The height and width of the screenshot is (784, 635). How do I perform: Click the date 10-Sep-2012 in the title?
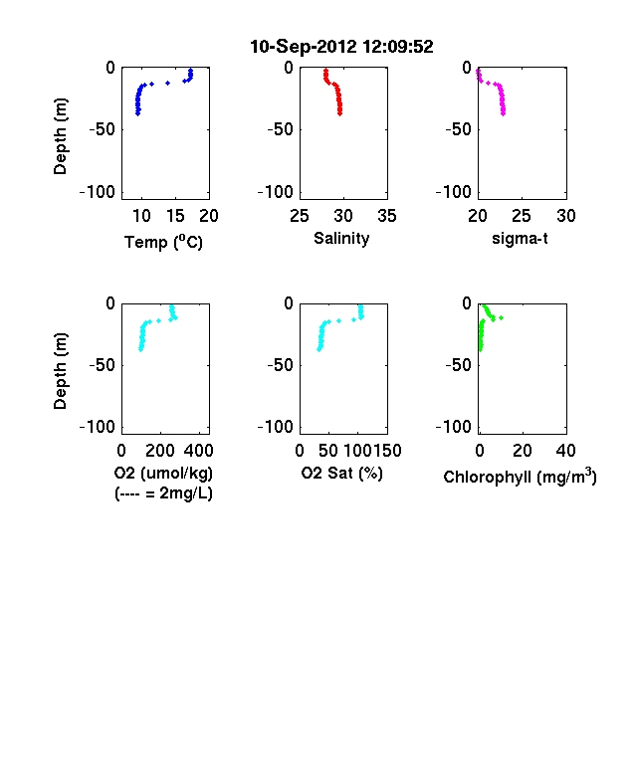pyautogui.click(x=304, y=47)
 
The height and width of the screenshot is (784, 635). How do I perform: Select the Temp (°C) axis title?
pyautogui.click(x=163, y=242)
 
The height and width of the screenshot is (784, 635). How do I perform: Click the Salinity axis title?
pyautogui.click(x=341, y=239)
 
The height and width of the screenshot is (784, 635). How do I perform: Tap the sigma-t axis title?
pyautogui.click(x=520, y=239)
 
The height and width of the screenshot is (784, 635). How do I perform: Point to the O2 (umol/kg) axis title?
pyautogui.click(x=163, y=473)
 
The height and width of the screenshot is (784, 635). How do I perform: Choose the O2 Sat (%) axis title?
pyautogui.click(x=341, y=473)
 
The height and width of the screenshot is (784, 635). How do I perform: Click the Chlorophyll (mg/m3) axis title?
pyautogui.click(x=520, y=477)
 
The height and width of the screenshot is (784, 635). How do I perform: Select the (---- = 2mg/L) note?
pyautogui.click(x=163, y=493)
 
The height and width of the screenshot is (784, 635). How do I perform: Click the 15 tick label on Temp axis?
pyautogui.click(x=175, y=216)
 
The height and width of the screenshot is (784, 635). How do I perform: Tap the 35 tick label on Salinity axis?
pyautogui.click(x=387, y=216)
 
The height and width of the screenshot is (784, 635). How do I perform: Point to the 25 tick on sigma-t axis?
pyautogui.click(x=521, y=216)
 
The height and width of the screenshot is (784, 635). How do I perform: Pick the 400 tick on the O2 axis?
pyautogui.click(x=198, y=451)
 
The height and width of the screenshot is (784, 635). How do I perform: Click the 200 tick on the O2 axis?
pyautogui.click(x=160, y=451)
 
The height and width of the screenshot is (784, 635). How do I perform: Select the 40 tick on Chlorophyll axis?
pyautogui.click(x=565, y=451)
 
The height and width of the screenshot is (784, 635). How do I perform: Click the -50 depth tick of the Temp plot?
pyautogui.click(x=102, y=129)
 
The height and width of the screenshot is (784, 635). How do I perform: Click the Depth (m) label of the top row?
pyautogui.click(x=60, y=136)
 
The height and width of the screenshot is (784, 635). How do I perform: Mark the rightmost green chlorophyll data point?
pyautogui.click(x=501, y=317)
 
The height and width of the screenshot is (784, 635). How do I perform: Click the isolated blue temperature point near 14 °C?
pyautogui.click(x=168, y=83)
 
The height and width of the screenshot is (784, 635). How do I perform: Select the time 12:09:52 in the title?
pyautogui.click(x=397, y=47)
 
